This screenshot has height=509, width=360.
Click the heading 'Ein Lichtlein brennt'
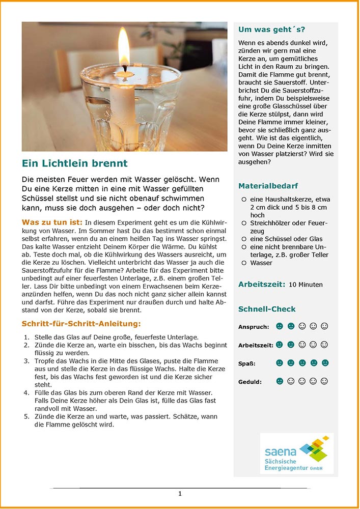[74, 163]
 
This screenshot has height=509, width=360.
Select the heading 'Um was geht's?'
[271, 30]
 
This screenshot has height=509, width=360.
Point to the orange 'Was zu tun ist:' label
[52, 222]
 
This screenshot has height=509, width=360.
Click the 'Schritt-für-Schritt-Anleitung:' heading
[81, 324]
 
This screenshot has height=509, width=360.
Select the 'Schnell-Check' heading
[266, 309]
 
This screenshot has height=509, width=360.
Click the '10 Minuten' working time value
[305, 285]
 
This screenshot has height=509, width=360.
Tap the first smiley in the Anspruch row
[279, 326]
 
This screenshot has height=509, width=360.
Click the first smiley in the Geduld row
[279, 381]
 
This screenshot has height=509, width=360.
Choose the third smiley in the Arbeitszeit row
[302, 345]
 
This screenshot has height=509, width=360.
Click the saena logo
[297, 454]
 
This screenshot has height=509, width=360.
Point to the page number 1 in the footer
[180, 493]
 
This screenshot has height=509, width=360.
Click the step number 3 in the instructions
[26, 361]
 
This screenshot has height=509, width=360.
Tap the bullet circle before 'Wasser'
[244, 263]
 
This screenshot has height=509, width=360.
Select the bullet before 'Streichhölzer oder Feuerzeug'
[244, 223]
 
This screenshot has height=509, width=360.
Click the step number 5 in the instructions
[26, 416]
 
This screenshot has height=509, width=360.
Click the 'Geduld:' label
[250, 382]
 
